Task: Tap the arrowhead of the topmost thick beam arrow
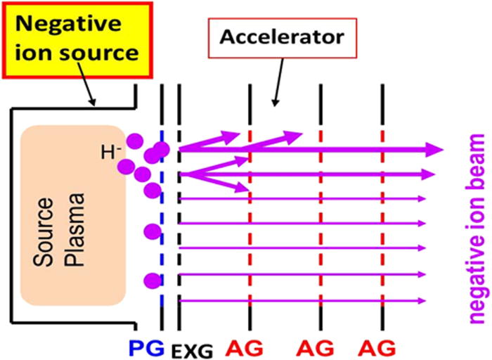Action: click(435, 149)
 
